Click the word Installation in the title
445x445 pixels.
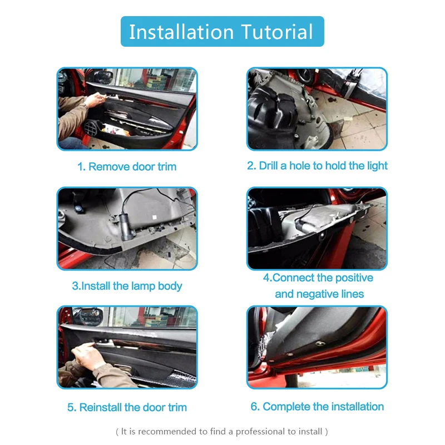point(177,32)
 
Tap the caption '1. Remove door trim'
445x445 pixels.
point(127,166)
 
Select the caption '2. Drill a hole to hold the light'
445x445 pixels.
point(317,166)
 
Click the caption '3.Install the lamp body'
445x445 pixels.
point(127,286)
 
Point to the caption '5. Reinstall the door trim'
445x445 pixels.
point(127,407)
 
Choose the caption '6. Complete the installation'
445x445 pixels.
point(317,407)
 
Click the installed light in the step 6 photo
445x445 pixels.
point(321,344)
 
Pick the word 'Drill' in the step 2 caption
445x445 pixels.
point(273,166)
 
